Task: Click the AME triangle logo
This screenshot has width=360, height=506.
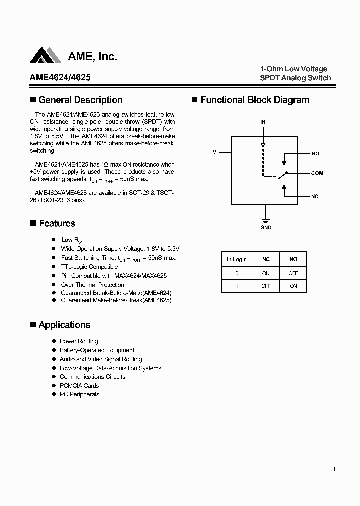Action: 45,56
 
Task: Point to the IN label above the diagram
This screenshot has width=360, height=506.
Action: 263,122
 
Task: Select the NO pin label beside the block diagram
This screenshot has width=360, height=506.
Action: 315,154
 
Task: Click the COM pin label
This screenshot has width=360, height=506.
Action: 317,173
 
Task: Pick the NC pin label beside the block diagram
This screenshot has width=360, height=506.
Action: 315,196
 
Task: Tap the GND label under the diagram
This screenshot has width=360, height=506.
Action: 266,228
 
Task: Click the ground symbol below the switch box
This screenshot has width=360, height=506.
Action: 266,220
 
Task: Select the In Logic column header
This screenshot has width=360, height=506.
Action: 236,259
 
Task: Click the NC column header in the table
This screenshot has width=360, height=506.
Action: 266,259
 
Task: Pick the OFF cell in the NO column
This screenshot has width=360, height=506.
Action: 293,273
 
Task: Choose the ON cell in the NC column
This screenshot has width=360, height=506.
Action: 266,273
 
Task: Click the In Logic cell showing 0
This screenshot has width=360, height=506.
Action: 236,273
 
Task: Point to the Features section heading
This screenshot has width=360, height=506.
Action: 57,223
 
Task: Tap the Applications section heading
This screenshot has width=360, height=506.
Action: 64,325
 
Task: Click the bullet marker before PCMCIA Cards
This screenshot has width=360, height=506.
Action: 54,386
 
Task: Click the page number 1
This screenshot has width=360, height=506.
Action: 334,469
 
